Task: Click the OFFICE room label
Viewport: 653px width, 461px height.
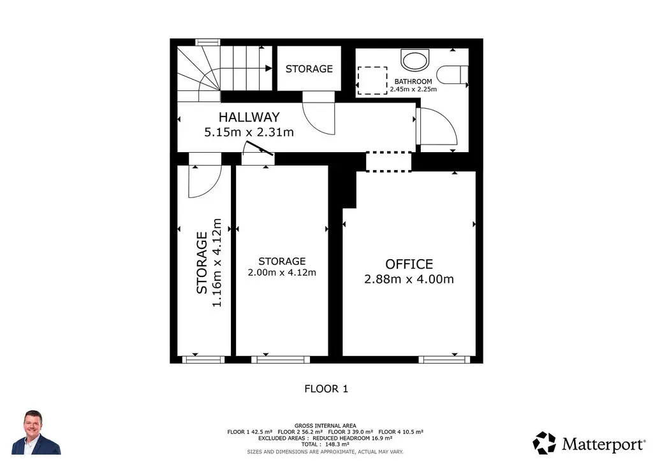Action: coord(409,264)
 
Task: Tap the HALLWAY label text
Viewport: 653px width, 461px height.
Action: coord(249,117)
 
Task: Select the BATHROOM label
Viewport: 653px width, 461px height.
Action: coord(413,82)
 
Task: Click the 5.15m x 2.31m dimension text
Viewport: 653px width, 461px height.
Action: coord(249,132)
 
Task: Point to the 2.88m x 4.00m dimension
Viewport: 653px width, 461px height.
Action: coord(409,279)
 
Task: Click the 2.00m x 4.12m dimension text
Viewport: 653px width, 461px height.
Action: coord(282,273)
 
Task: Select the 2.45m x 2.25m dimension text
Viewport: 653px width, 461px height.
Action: coord(413,89)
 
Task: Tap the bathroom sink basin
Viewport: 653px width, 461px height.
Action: coord(415,60)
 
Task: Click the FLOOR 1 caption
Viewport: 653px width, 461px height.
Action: coord(326,388)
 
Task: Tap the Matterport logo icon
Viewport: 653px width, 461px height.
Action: coord(545,443)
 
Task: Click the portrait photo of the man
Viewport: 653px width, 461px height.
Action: coord(36,432)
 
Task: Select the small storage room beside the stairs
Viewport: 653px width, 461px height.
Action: coord(309,69)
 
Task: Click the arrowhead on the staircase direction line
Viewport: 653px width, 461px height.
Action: coord(268,68)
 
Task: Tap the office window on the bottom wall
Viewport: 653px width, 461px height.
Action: coord(444,360)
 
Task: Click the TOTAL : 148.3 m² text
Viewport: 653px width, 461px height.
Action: coord(325,444)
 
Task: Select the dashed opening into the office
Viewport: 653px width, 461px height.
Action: coord(388,162)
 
